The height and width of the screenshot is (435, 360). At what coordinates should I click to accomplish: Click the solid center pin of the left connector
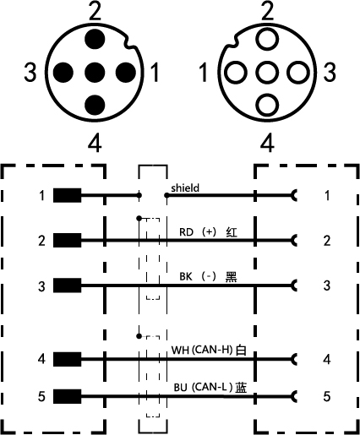[95, 73]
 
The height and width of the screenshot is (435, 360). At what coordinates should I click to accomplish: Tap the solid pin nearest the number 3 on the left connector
[63, 73]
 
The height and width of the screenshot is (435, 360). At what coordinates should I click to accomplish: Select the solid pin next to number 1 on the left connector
[126, 73]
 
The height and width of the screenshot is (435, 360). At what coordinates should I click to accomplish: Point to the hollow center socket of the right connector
[267, 73]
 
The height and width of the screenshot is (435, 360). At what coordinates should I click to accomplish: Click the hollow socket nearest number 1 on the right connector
[236, 73]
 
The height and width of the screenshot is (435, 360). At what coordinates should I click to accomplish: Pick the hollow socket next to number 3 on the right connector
[298, 73]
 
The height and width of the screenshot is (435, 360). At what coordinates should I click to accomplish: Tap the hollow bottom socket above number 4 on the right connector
[267, 105]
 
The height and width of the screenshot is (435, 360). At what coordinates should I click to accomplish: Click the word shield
[185, 188]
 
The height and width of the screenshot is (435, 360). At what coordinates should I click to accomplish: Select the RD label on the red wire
[186, 232]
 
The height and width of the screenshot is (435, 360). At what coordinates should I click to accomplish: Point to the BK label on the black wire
[186, 276]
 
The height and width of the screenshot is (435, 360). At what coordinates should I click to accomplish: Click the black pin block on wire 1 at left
[68, 195]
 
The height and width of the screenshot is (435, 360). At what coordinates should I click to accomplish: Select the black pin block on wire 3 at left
[68, 285]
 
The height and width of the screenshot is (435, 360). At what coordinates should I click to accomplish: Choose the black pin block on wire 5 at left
[68, 396]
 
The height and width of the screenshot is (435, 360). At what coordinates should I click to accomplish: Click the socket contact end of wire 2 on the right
[294, 241]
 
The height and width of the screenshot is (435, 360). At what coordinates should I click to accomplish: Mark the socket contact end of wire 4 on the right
[294, 359]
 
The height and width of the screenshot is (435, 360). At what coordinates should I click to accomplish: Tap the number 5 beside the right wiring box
[327, 396]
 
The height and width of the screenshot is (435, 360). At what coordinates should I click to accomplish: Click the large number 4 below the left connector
[95, 144]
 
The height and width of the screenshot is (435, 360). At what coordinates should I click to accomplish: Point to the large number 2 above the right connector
[267, 10]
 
